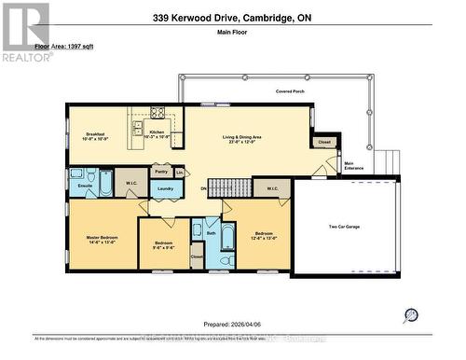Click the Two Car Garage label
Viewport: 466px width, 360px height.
pos(344,227)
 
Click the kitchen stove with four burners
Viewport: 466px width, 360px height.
pos(157,115)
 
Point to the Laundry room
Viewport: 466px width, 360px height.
pos(164,189)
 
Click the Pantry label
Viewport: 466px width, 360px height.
pos(160,172)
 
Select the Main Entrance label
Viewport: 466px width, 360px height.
pos(354,167)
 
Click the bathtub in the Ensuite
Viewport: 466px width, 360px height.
pos(106,182)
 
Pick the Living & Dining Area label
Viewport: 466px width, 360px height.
pos(241,140)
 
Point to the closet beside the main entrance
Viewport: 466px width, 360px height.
pos(323,143)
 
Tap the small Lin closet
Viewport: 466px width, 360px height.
pos(179,172)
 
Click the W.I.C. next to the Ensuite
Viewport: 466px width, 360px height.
pos(130,182)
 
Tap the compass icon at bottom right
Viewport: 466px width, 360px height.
pos(411,315)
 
